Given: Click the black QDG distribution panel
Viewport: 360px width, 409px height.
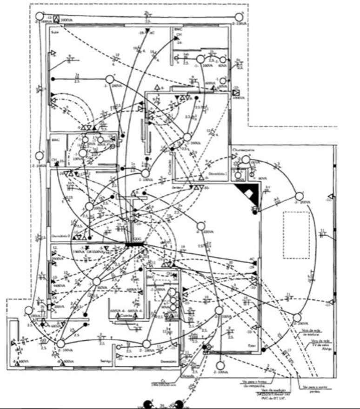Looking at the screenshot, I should pyautogui.click(x=134, y=244).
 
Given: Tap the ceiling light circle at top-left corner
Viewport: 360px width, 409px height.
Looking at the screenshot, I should pyautogui.click(x=40, y=17).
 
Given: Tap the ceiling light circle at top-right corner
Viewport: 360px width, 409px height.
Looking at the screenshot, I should pyautogui.click(x=239, y=17).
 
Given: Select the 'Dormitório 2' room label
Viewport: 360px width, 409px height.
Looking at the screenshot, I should pyautogui.click(x=60, y=235).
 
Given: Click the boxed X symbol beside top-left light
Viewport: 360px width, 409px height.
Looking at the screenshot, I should pyautogui.click(x=56, y=20).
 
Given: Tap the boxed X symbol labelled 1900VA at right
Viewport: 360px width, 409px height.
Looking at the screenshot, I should pyautogui.click(x=236, y=92).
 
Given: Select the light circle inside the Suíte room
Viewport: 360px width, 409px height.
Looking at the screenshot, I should pyautogui.click(x=110, y=79).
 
